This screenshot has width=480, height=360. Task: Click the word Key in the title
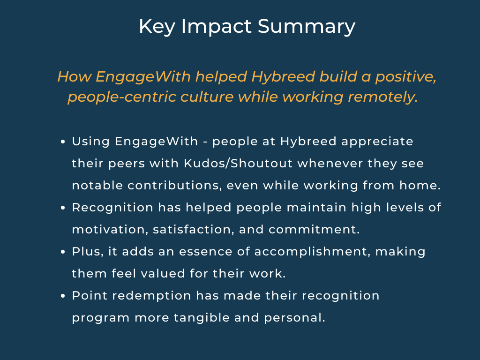pyautogui.click(x=157, y=27)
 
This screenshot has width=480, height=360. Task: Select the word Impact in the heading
pyautogui.click(x=217, y=27)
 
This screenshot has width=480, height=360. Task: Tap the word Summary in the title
pyautogui.click(x=307, y=27)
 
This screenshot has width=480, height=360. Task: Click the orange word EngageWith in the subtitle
pyautogui.click(x=143, y=77)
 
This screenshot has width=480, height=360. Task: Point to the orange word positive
pyautogui.click(x=406, y=77)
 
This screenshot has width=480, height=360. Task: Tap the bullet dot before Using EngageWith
pyautogui.click(x=63, y=142)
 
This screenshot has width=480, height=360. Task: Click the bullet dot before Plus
pyautogui.click(x=63, y=252)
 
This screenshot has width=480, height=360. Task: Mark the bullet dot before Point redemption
pyautogui.click(x=63, y=296)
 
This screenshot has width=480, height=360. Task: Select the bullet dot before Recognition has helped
pyautogui.click(x=63, y=208)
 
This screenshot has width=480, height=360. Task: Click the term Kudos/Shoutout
pyautogui.click(x=238, y=164)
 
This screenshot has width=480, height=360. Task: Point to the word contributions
pyautogui.click(x=174, y=186)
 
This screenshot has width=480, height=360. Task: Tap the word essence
pyautogui.click(x=206, y=252)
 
